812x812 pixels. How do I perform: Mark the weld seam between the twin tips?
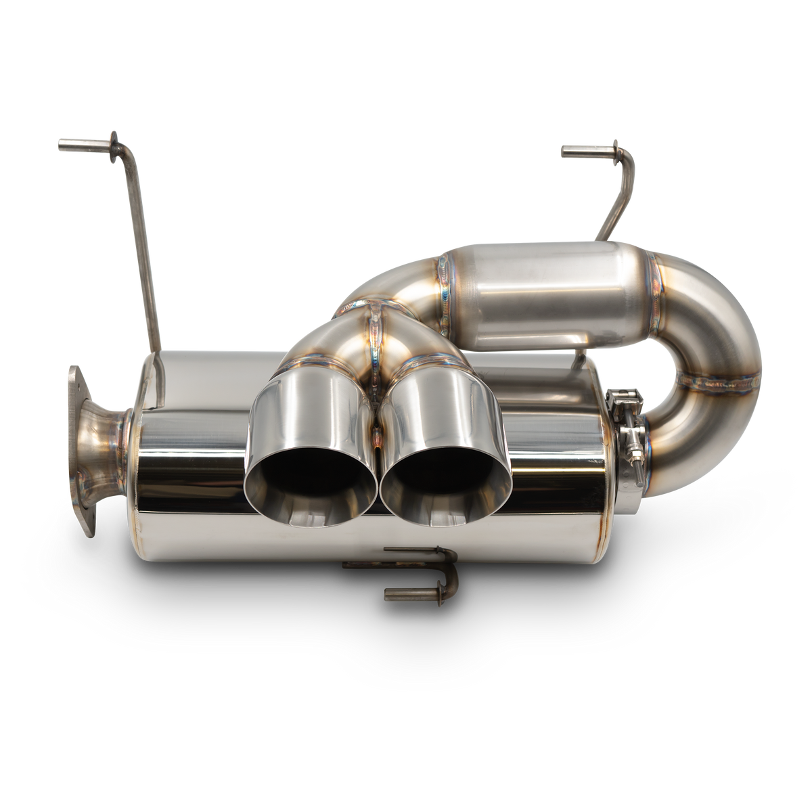point(377,406)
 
